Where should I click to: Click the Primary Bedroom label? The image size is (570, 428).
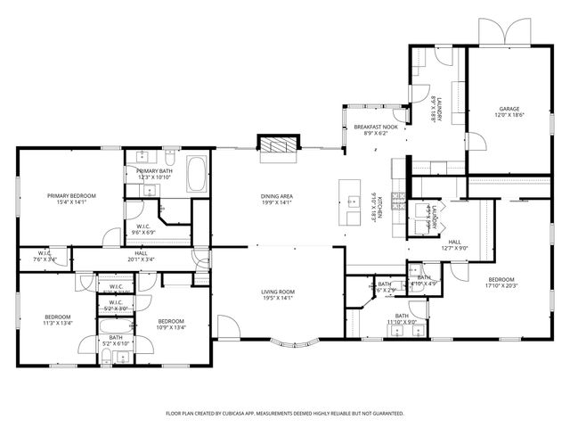pyautogui.click(x=71, y=199)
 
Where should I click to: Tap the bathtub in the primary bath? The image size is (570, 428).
pyautogui.click(x=197, y=174)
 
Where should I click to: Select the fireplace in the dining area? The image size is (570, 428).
pyautogui.click(x=273, y=145)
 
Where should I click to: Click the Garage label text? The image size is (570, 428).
pyautogui.click(x=509, y=112)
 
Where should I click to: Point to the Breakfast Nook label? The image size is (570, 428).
pyautogui.click(x=374, y=130)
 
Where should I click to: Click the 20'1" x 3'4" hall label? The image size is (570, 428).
pyautogui.click(x=141, y=257)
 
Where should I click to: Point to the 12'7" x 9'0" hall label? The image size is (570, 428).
pyautogui.click(x=454, y=245)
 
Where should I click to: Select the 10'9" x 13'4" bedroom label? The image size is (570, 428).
pyautogui.click(x=171, y=325)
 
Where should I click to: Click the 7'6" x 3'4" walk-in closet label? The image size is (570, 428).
pyautogui.click(x=45, y=257)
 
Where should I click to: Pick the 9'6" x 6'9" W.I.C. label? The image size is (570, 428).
pyautogui.click(x=143, y=229)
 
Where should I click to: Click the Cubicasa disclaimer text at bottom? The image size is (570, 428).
pyautogui.click(x=285, y=414)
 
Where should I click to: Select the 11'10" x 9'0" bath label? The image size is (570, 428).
pyautogui.click(x=402, y=319)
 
